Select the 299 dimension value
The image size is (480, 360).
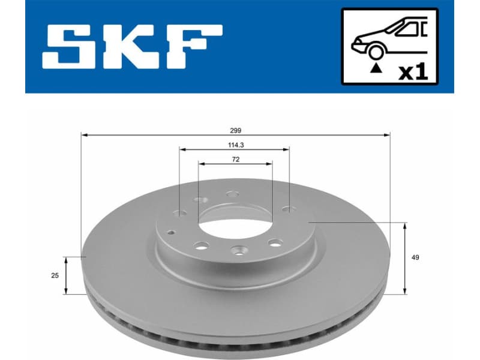click(x=235, y=130)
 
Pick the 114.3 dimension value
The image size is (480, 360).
click(x=235, y=145)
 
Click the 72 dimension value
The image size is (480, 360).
click(x=235, y=159)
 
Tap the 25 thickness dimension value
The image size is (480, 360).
click(x=55, y=275)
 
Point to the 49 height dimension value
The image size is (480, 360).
click(x=415, y=258)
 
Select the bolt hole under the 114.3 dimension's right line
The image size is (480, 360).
click(x=289, y=209)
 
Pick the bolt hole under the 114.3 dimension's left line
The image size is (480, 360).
click(x=180, y=212)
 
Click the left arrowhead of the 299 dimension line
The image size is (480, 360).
click(x=83, y=135)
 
